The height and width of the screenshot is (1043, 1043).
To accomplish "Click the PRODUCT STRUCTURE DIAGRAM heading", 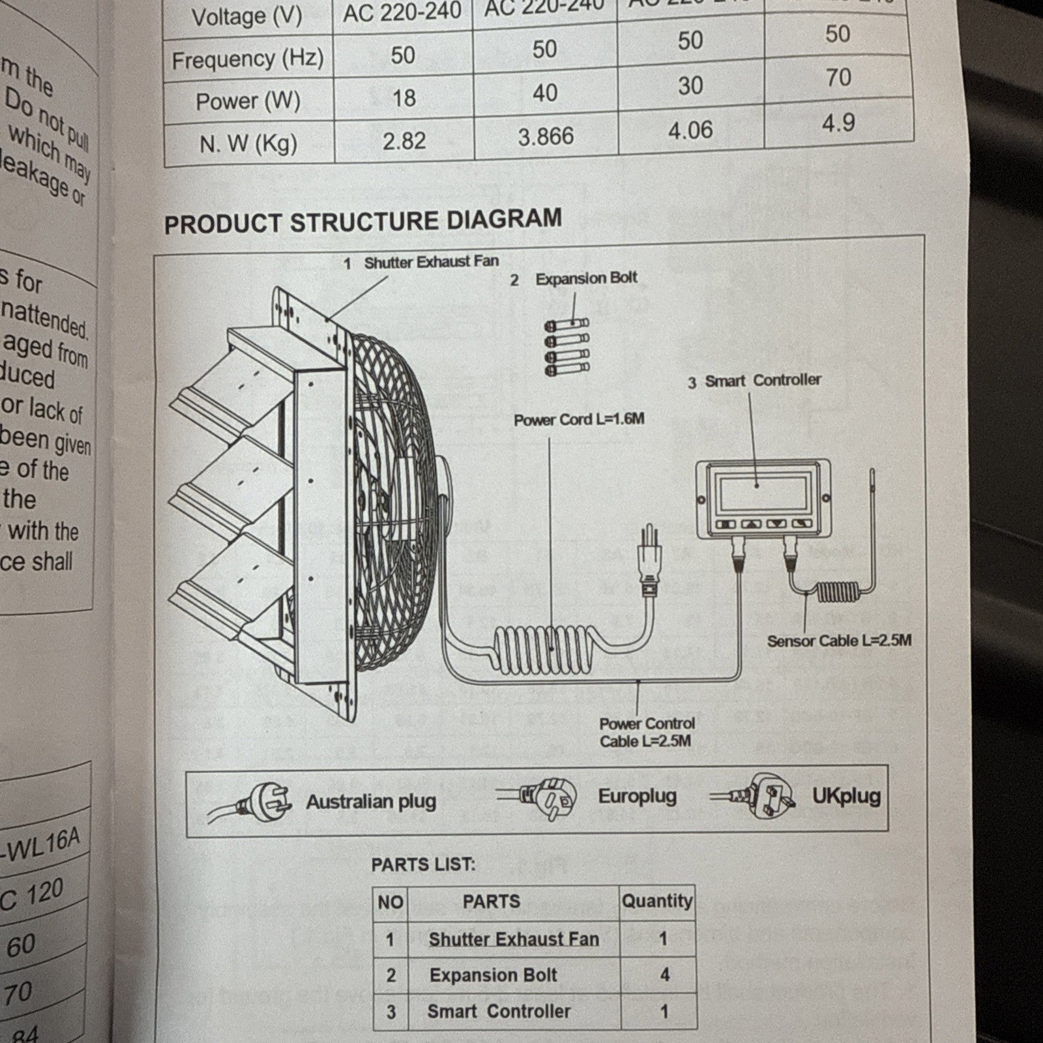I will (x=362, y=221).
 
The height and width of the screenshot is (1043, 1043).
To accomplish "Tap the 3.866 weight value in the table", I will (x=546, y=137).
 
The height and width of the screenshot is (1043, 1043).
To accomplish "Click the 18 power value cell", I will (x=404, y=98).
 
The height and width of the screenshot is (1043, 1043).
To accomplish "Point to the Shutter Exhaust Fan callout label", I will (x=430, y=262).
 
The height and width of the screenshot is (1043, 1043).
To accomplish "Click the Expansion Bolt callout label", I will (x=585, y=278).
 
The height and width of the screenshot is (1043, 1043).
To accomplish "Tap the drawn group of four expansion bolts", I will (x=566, y=347).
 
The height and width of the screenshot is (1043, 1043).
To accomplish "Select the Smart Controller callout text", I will (x=763, y=380).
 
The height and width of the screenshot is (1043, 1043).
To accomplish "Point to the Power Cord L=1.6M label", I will (x=579, y=419).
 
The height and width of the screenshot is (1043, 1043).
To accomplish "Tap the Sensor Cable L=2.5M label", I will (x=839, y=641).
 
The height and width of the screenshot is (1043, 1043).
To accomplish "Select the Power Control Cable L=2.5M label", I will (x=646, y=732).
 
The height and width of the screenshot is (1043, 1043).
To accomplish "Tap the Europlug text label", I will (x=637, y=796).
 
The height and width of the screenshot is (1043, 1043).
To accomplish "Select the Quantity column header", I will (x=656, y=902).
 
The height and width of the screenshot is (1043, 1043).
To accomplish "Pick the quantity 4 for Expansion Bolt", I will (x=664, y=975).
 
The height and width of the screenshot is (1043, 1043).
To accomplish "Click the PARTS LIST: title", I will (x=423, y=865).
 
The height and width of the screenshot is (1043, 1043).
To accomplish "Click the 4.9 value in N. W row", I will (x=838, y=123).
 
